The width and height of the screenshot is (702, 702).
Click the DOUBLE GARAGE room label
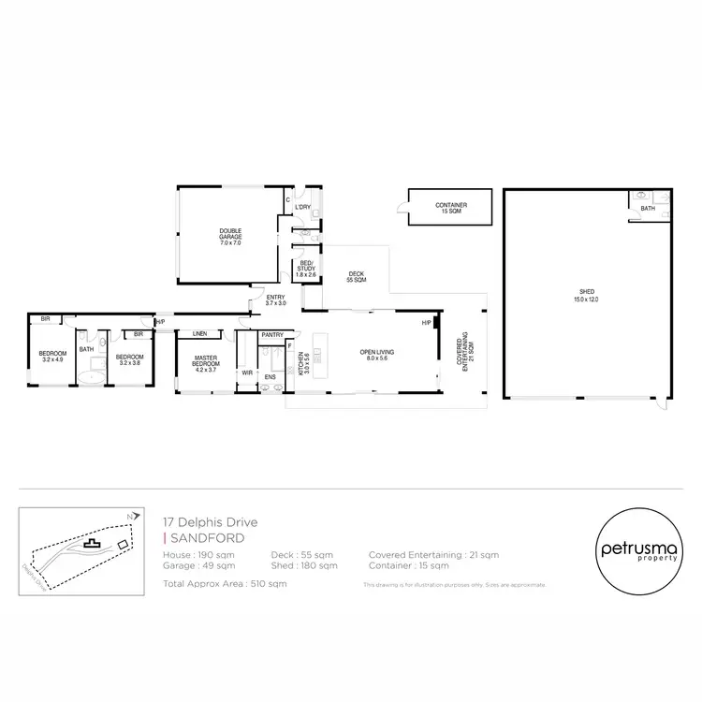point(230,236)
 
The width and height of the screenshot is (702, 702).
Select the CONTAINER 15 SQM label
point(451,209)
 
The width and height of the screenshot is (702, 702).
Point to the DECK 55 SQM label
point(356,277)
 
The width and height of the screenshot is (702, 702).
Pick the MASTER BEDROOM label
point(205,361)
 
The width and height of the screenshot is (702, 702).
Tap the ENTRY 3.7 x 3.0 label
point(275,300)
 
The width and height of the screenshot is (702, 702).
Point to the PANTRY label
point(272,334)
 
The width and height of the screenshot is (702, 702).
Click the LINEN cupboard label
point(199,333)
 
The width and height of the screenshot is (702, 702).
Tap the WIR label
point(247,372)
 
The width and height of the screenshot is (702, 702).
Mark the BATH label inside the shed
point(648,208)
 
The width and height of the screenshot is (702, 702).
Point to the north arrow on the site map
point(138,516)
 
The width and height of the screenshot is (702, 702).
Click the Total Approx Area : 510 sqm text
point(225,583)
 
